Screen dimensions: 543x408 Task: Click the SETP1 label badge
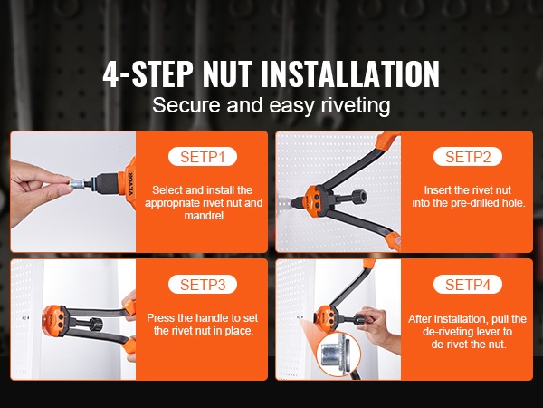click(203, 157)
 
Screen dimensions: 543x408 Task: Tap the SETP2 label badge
click(468, 157)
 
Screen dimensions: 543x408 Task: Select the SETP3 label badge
click(203, 285)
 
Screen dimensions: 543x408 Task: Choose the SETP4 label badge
click(468, 285)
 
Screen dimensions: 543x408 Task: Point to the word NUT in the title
click(227, 73)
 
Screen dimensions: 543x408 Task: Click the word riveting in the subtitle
click(356, 105)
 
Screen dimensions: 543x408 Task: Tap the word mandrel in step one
click(205, 216)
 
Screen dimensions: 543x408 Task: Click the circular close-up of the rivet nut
click(338, 355)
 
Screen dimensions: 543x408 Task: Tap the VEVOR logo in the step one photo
click(130, 184)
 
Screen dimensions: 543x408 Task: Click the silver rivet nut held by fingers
click(77, 183)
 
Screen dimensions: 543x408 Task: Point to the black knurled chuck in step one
click(108, 183)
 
